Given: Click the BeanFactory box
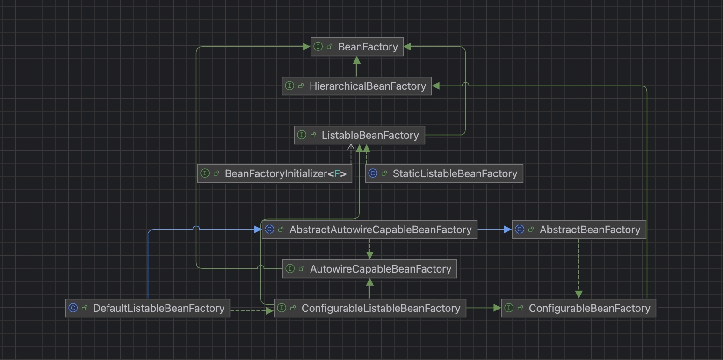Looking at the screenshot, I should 357,47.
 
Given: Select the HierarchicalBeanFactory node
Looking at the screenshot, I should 357,86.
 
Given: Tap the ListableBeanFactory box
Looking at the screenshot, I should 359,135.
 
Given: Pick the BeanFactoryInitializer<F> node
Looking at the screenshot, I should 275,173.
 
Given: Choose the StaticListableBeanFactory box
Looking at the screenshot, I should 444,173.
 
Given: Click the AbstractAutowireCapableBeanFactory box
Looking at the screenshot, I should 369,230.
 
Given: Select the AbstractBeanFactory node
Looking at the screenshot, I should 579,230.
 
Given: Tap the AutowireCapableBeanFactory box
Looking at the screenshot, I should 369,269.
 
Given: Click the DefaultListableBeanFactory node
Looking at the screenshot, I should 148,308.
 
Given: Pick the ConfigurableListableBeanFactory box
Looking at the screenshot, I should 370,308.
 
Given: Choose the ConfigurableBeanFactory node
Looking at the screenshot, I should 578,308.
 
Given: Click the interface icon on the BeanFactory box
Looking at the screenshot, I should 318,47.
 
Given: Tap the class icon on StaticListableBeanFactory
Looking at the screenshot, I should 373,173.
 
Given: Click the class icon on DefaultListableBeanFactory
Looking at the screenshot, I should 73,308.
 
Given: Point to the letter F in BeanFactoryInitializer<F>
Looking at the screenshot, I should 337,174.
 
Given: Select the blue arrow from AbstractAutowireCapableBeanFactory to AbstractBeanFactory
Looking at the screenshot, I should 494,230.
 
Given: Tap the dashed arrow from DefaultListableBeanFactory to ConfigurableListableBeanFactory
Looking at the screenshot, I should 252,310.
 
